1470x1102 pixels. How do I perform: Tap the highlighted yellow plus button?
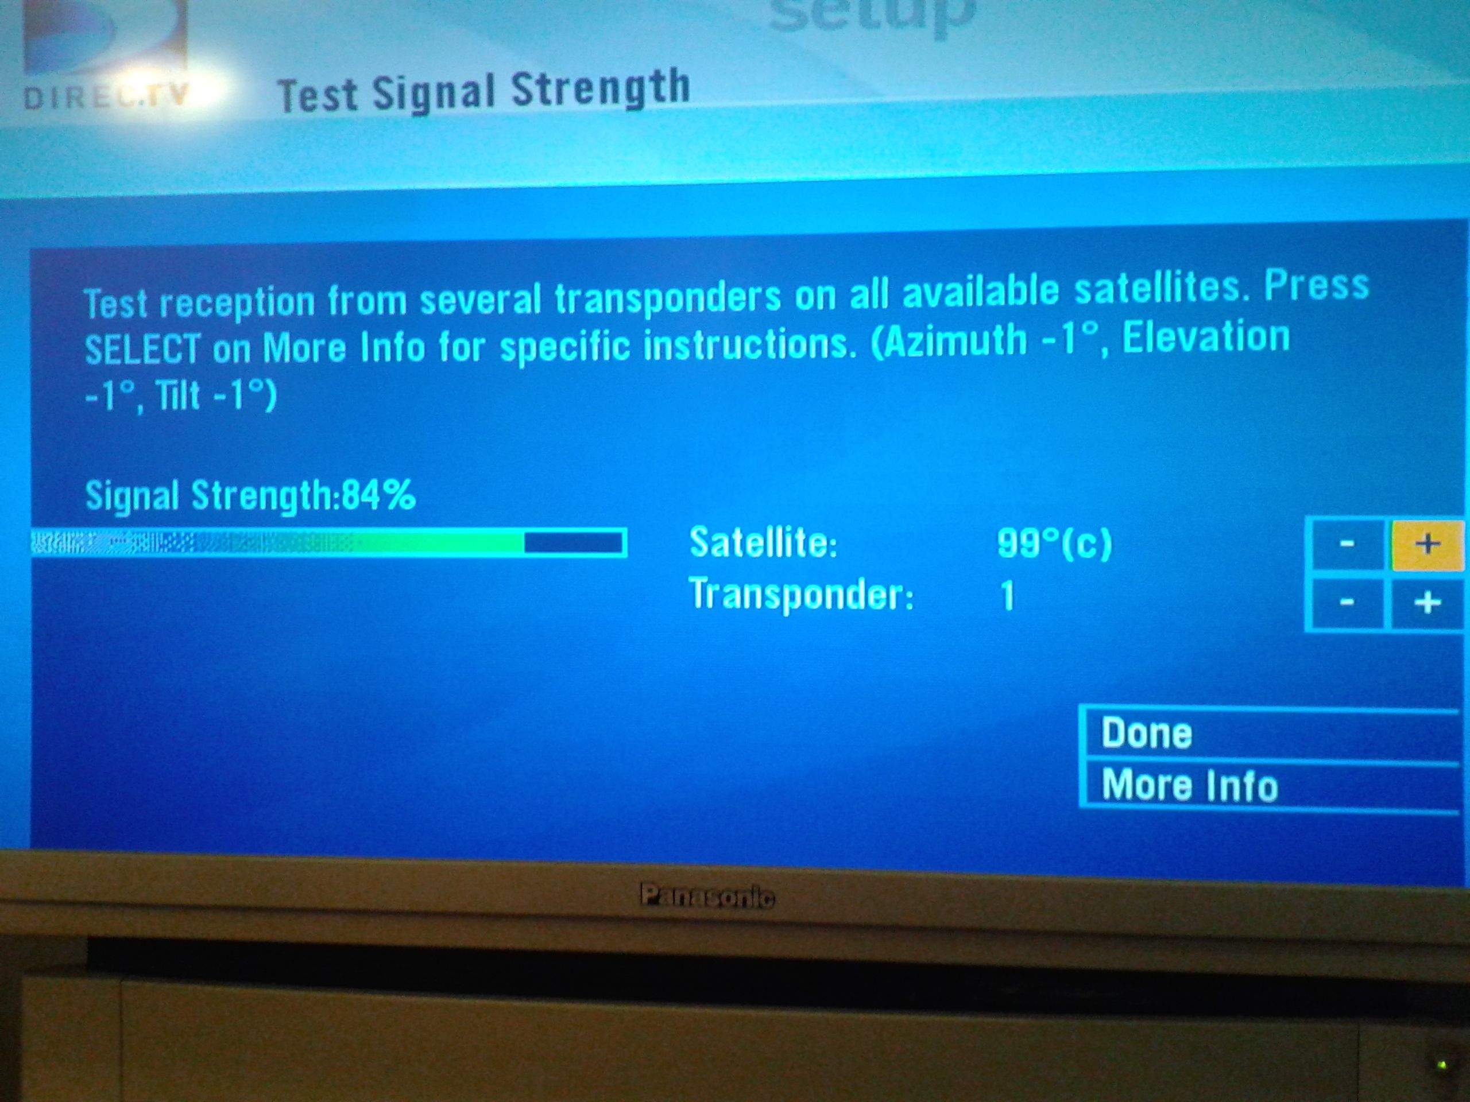(x=1427, y=545)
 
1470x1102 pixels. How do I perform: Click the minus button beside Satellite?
(x=1347, y=545)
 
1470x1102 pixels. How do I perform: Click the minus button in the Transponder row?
(x=1347, y=603)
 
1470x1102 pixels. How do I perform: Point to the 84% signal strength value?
(x=379, y=495)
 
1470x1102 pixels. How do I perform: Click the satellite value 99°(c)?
(x=1054, y=545)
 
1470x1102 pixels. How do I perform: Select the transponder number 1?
(x=1008, y=595)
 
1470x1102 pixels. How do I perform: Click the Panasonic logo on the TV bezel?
(x=707, y=897)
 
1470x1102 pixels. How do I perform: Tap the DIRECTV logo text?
(x=106, y=97)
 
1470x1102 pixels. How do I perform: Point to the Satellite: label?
(x=763, y=543)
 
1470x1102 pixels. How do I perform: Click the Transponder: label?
(x=802, y=595)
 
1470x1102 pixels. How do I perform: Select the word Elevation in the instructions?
(x=1205, y=336)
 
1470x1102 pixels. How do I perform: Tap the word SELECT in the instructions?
(x=142, y=349)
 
